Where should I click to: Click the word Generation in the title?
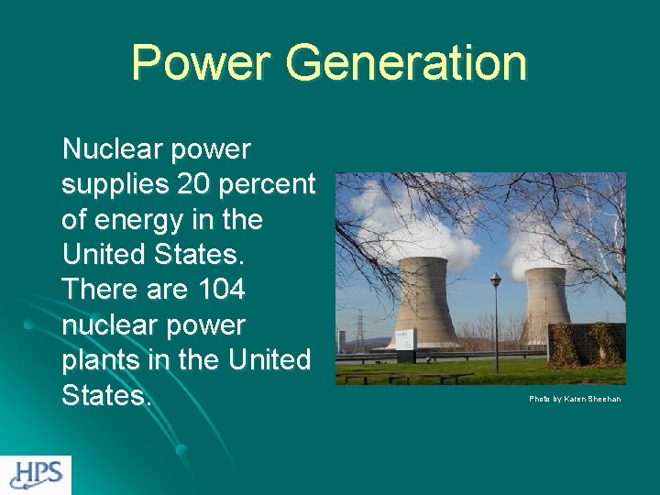click(x=406, y=62)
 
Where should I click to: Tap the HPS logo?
click(x=36, y=474)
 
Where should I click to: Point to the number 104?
click(x=221, y=290)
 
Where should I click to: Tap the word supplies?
click(x=115, y=184)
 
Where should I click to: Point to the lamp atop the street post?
click(x=496, y=280)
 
